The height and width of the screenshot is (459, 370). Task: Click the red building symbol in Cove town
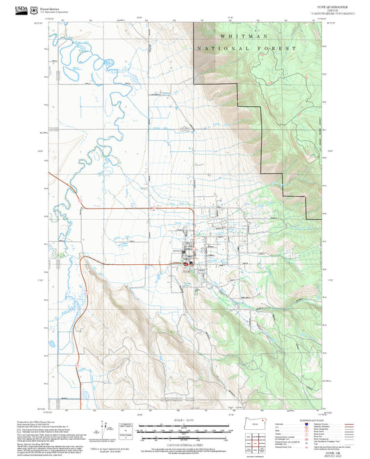[185, 263]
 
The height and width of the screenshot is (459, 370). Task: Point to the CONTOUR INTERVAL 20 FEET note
[184, 442]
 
